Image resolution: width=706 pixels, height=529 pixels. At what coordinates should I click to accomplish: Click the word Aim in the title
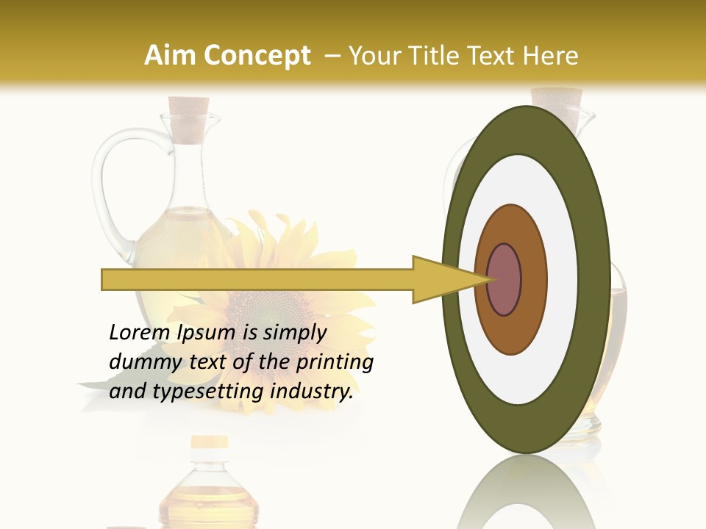170,56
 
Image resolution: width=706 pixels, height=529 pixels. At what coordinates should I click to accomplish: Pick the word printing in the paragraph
334,362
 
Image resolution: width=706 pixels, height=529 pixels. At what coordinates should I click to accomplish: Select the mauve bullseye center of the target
504,280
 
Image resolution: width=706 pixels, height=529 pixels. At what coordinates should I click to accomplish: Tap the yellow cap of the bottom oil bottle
209,442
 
